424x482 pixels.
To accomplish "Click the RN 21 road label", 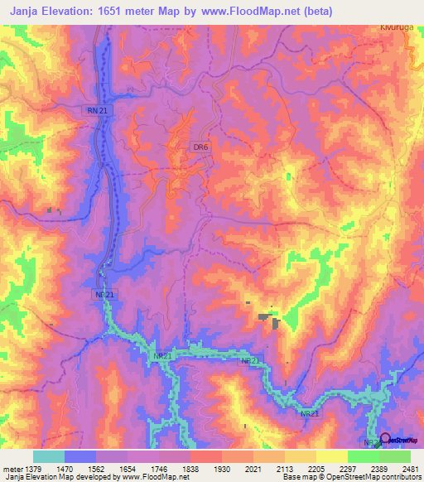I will (96, 110).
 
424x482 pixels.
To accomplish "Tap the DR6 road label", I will (200, 147).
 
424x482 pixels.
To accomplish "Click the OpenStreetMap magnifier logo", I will (385, 439).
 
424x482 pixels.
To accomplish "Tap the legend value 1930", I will (222, 468).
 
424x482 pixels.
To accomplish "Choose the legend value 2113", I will (296, 468).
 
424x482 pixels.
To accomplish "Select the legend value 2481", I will (409, 468).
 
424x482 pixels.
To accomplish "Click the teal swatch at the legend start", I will (49, 456).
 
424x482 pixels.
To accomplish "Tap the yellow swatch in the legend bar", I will (331, 456).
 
